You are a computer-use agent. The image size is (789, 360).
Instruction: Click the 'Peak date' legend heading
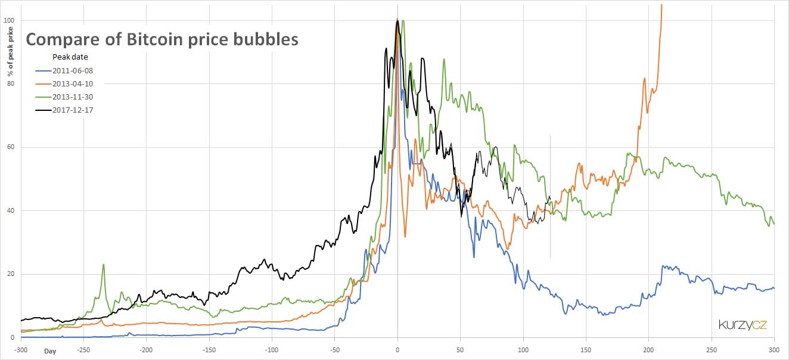click(70, 57)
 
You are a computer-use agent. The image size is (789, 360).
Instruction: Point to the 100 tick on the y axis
click(9, 20)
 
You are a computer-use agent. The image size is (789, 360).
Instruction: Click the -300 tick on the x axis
click(21, 349)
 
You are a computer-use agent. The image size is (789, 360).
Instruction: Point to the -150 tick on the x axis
click(209, 349)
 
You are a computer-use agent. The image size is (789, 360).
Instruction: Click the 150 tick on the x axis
click(586, 349)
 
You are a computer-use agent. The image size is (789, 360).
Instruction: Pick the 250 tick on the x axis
click(712, 349)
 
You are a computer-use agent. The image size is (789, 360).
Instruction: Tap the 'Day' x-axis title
click(51, 351)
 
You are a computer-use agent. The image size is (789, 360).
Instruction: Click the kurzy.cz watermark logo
click(742, 325)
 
